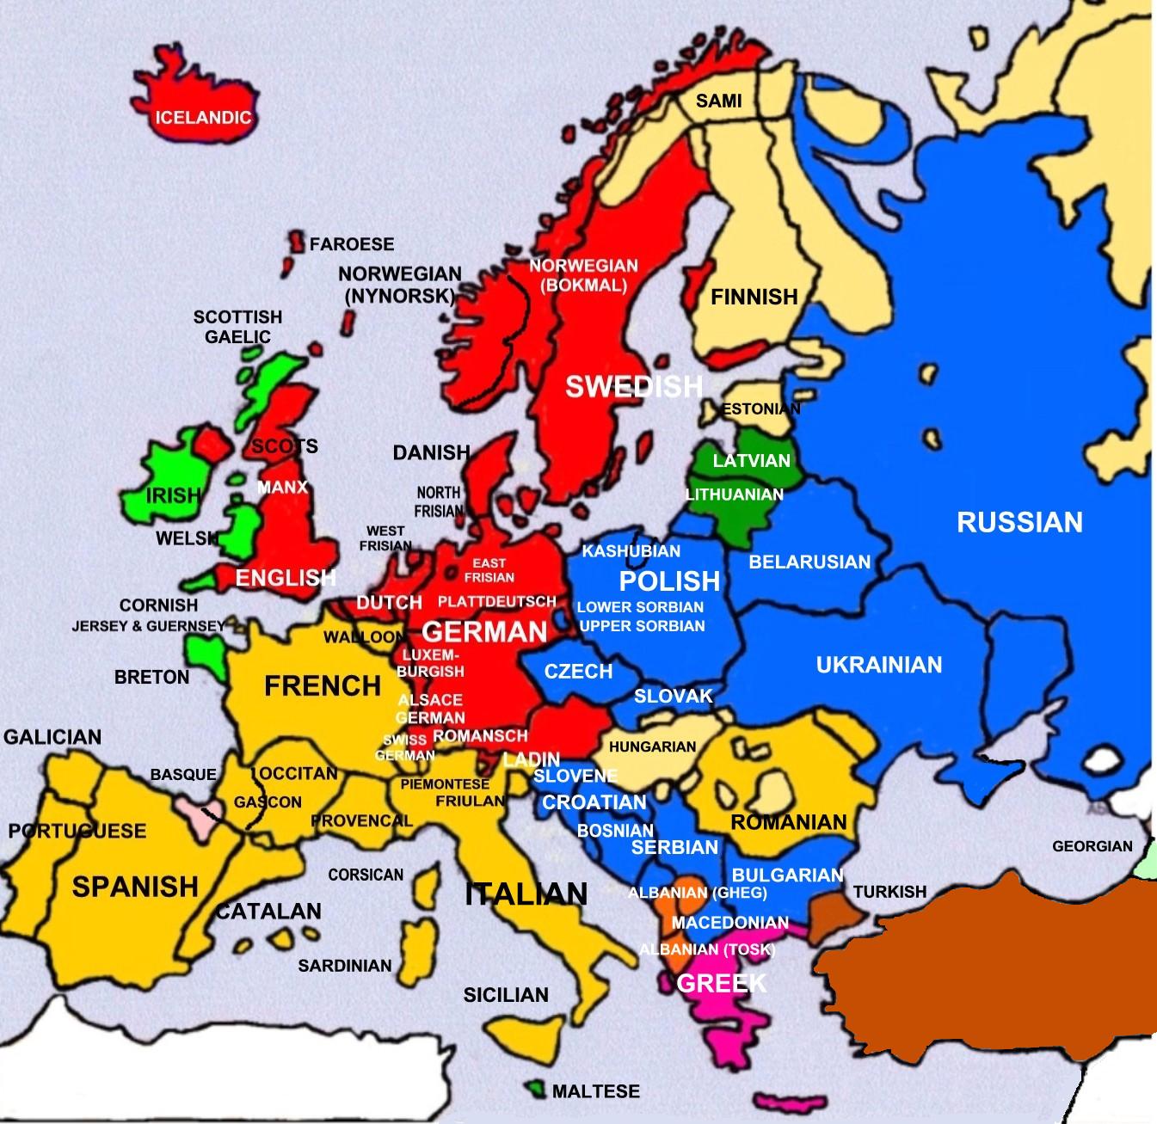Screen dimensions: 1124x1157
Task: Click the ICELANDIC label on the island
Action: click(x=203, y=118)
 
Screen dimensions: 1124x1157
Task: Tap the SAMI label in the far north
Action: click(x=718, y=101)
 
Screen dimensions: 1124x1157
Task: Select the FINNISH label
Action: click(x=754, y=297)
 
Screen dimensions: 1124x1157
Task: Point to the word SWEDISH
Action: click(x=633, y=387)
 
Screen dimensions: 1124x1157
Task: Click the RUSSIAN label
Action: click(x=1019, y=522)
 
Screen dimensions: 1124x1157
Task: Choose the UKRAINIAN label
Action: click(x=878, y=665)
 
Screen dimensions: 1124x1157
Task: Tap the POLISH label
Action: click(x=669, y=581)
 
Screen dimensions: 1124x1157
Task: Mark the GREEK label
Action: click(x=721, y=983)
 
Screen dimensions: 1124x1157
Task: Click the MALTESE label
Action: click(x=595, y=1091)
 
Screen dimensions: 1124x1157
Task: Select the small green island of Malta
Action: click(x=538, y=1090)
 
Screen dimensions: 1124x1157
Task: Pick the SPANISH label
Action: click(x=135, y=886)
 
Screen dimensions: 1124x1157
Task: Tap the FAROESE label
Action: click(x=351, y=244)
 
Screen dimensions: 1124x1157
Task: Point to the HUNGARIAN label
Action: click(x=652, y=746)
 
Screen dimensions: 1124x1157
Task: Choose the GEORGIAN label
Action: click(x=1092, y=846)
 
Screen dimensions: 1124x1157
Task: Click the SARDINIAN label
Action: click(x=344, y=966)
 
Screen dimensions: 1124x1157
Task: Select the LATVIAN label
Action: click(x=751, y=461)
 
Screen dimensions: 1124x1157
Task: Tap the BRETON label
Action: click(x=151, y=677)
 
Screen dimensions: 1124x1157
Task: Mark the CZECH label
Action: click(x=578, y=672)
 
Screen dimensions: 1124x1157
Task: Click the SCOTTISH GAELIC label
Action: click(x=237, y=327)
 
